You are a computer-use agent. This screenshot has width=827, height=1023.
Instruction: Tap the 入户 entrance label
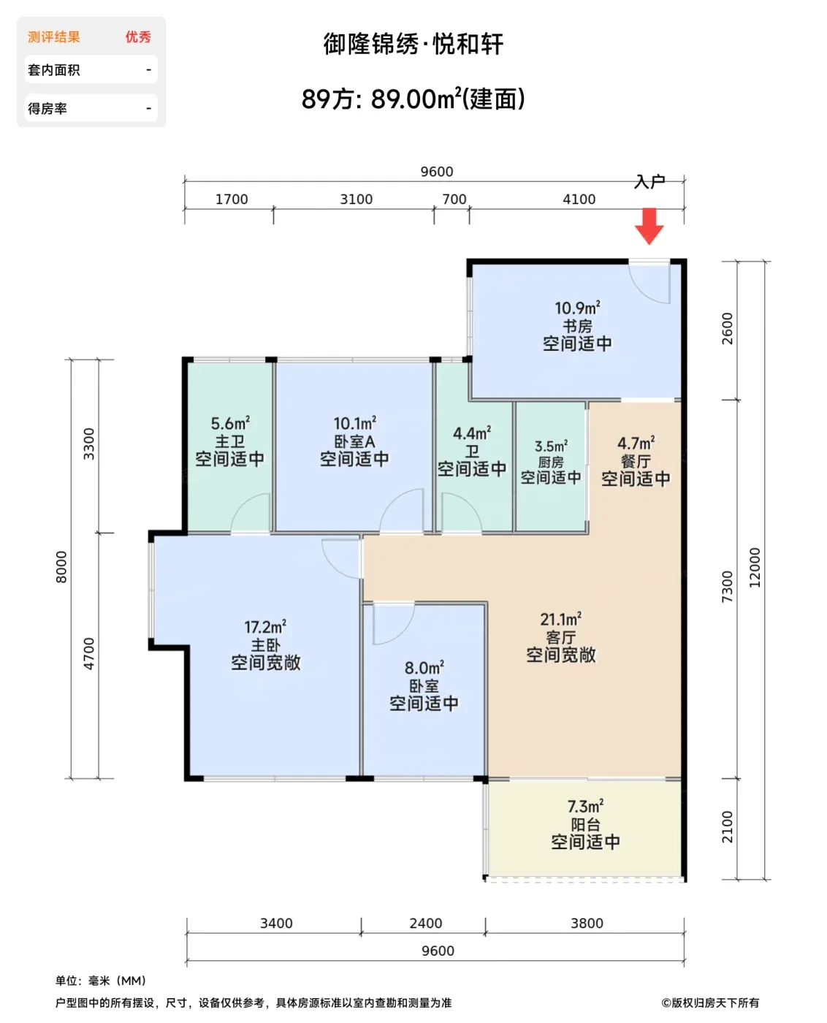(649, 181)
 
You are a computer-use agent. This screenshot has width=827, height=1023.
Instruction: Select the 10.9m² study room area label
(577, 307)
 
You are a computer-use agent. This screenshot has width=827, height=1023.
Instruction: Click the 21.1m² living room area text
(560, 619)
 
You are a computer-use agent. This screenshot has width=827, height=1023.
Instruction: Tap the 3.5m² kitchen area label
(551, 446)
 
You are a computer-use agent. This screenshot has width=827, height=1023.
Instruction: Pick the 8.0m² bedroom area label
(424, 667)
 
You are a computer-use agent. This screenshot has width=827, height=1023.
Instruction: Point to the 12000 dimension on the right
(755, 567)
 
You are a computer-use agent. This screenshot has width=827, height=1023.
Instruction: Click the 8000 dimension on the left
(61, 567)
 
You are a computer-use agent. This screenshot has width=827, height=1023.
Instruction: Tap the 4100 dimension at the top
(579, 199)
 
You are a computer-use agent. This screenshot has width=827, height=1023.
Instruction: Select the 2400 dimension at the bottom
(425, 923)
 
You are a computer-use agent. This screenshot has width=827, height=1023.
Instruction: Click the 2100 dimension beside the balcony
(727, 826)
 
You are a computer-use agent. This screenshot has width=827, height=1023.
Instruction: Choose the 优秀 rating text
(138, 37)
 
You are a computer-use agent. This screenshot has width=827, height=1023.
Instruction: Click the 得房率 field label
(47, 109)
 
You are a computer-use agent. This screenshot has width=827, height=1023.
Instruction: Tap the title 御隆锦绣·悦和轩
(413, 44)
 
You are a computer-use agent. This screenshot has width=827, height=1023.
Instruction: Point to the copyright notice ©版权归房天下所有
(710, 1003)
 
